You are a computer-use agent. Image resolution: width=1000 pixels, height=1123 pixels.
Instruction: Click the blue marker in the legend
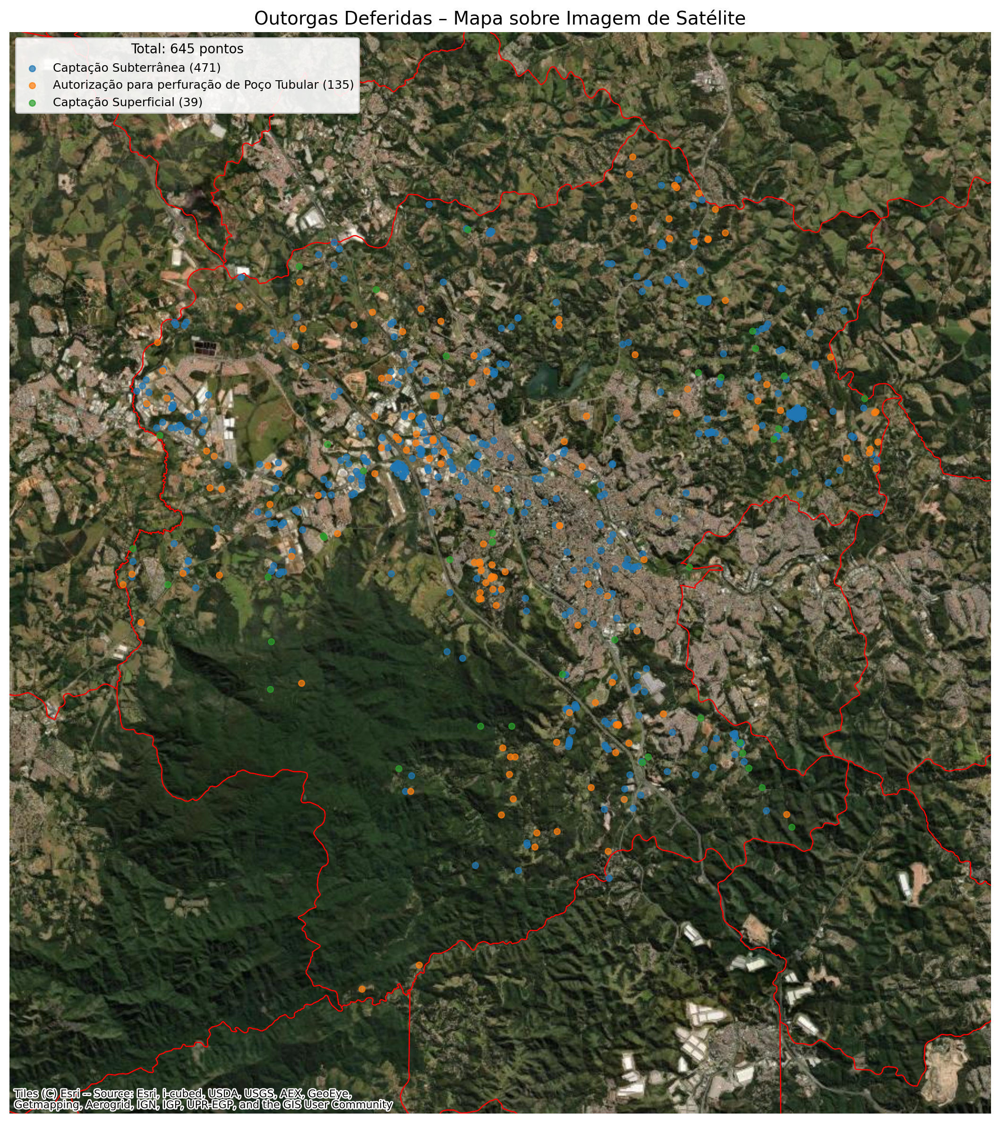33,68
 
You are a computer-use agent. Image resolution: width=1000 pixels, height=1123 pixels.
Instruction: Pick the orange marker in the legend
33,86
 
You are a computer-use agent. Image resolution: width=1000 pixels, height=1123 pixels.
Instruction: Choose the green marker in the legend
33,103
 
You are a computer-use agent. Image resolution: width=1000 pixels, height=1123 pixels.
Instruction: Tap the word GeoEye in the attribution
329,1093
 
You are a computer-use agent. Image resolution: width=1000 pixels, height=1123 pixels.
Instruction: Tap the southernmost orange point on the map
362,989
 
